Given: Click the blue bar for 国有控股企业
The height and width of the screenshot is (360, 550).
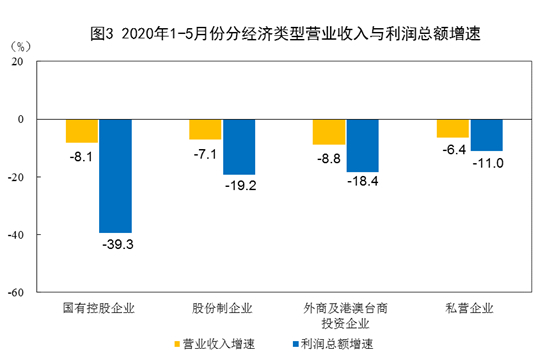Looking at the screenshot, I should (115, 176).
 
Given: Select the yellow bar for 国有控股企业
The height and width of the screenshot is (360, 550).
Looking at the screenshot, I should (82, 131).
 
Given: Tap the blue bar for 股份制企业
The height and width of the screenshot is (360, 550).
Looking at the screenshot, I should (239, 147).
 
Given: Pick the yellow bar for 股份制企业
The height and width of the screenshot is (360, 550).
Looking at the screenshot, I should (205, 129).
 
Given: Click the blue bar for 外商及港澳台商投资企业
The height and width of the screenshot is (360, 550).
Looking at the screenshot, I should (363, 146).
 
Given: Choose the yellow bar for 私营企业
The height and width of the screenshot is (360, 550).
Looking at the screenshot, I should (452, 128).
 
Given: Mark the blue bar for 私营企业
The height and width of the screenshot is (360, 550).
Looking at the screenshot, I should (486, 135).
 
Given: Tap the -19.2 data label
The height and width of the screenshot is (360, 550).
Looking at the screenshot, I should (239, 185).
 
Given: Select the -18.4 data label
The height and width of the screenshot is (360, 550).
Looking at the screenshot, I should (363, 183).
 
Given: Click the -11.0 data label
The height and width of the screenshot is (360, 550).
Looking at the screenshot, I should (486, 162).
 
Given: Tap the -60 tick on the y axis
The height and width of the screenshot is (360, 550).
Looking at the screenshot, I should (17, 293).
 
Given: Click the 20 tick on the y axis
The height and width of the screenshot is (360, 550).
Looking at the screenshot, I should (19, 61).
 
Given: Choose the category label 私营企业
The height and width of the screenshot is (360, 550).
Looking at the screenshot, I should (469, 307).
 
